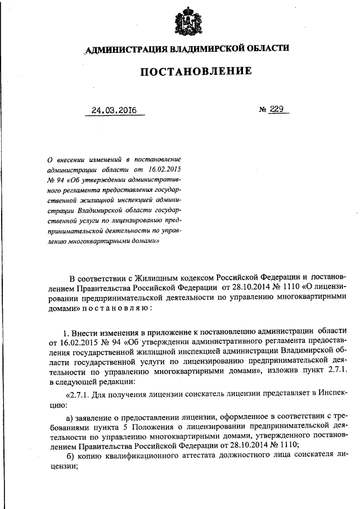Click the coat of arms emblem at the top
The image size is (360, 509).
[185, 22]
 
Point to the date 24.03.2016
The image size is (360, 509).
[115, 110]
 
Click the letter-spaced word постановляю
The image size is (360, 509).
[116, 308]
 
